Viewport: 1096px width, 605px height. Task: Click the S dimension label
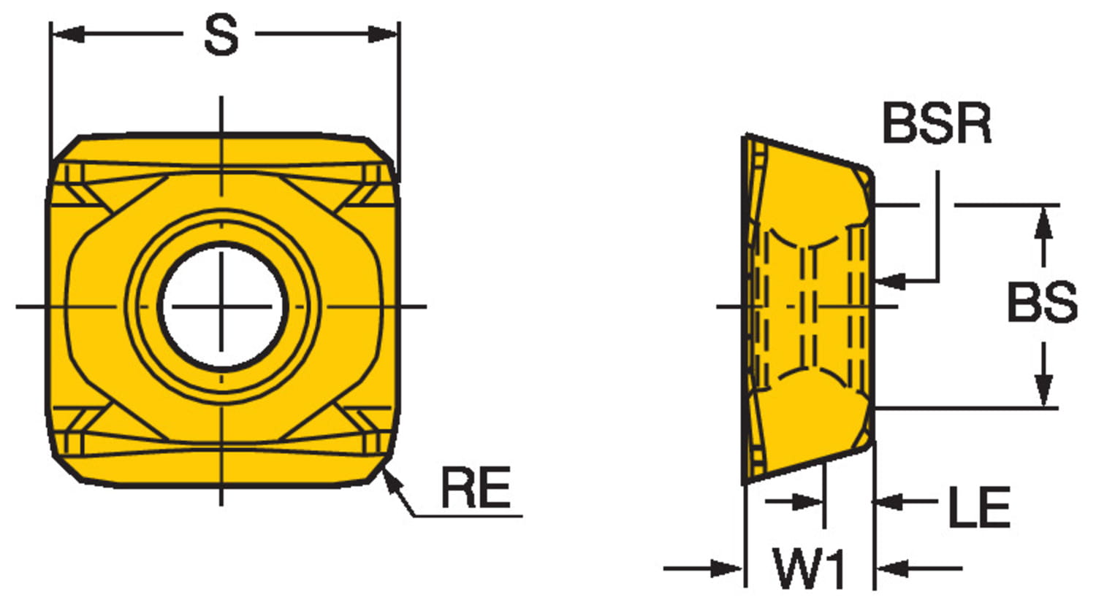(x=220, y=36)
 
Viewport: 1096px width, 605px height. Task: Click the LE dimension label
(x=979, y=507)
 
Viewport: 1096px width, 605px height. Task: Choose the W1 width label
(x=810, y=570)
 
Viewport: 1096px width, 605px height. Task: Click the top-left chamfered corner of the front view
(x=64, y=149)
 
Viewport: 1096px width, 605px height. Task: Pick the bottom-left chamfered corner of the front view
(x=64, y=467)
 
